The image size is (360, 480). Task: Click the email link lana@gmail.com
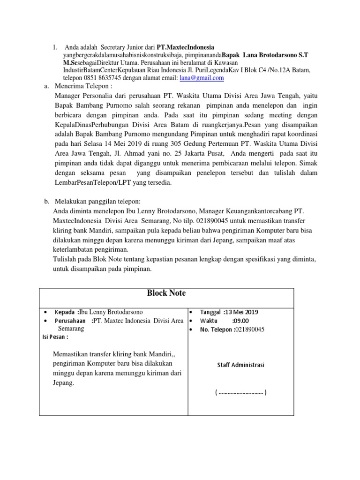click(x=202, y=78)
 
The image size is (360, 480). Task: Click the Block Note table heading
click(x=166, y=293)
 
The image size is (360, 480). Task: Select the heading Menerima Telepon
click(x=84, y=87)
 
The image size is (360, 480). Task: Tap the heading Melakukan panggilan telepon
click(x=94, y=201)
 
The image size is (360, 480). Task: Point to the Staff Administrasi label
click(x=240, y=365)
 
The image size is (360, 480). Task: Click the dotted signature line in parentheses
click(x=241, y=392)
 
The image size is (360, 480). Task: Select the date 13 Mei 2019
click(x=241, y=312)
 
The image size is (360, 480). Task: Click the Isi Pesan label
click(x=55, y=337)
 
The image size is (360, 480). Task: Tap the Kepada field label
click(x=65, y=312)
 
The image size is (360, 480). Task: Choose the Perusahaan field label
click(x=70, y=321)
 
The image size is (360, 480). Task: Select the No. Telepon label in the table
click(x=216, y=329)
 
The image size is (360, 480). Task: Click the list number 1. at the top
click(x=55, y=47)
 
